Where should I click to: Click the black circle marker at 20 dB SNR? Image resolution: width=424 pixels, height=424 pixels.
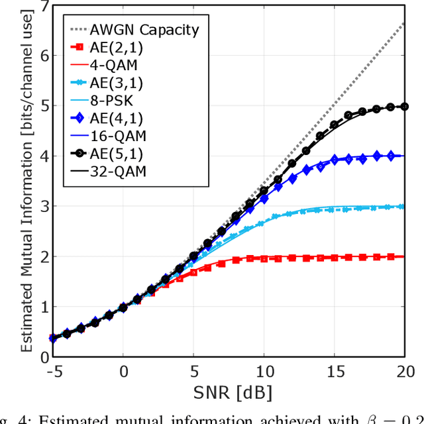(x=405, y=107)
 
